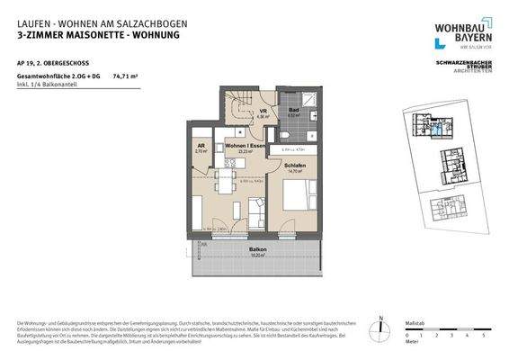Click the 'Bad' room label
click(292, 108)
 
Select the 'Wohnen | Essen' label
click(244, 146)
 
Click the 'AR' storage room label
click(200, 146)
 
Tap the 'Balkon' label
click(256, 249)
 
